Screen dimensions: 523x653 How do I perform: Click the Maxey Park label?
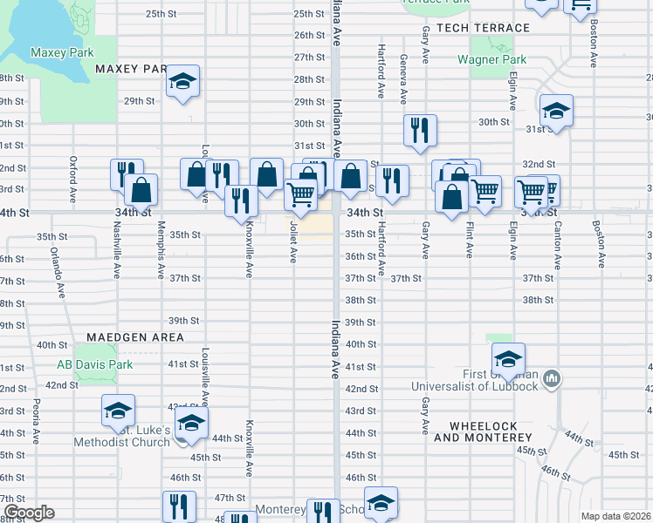click(62, 52)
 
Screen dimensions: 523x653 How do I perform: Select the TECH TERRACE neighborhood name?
click(483, 28)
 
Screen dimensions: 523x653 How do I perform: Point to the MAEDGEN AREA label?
click(135, 336)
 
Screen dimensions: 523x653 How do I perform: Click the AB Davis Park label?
click(95, 364)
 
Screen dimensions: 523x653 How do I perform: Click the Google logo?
click(28, 513)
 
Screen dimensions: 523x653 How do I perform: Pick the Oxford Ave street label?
click(73, 176)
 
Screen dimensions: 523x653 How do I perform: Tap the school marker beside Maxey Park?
click(183, 82)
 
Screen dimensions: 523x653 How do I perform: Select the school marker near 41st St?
click(507, 358)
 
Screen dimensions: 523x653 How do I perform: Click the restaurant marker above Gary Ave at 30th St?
click(420, 130)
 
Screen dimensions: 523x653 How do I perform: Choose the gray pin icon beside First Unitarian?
click(552, 379)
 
